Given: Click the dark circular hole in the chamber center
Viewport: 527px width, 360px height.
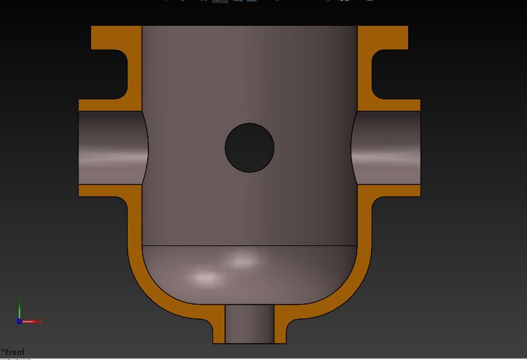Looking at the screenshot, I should point(250,148).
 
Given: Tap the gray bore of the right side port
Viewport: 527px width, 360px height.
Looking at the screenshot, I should point(387,148).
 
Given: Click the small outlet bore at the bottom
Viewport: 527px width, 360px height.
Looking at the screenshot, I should point(250,324).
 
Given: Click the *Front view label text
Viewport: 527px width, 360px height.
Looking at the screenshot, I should point(13,352).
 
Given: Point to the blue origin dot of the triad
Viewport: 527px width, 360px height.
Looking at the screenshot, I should point(19,322).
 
